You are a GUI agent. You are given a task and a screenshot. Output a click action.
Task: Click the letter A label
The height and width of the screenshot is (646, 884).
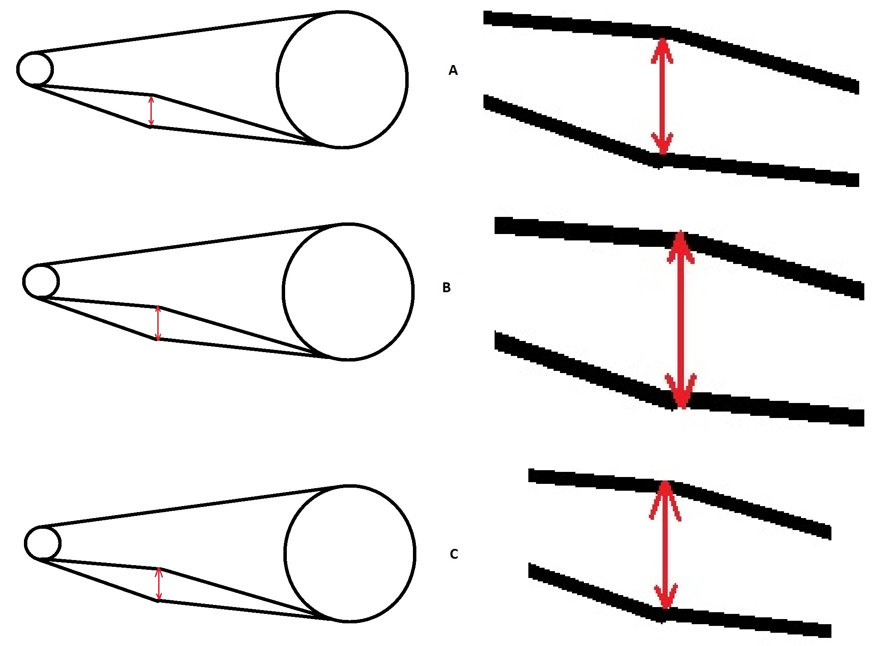pyautogui.click(x=453, y=70)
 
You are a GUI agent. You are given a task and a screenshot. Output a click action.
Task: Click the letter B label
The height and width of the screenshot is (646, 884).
pyautogui.click(x=446, y=287)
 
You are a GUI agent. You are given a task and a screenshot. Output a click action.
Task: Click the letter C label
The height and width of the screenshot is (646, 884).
pyautogui.click(x=454, y=554)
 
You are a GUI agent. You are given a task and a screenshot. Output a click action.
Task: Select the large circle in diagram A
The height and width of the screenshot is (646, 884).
pyautogui.click(x=277, y=79)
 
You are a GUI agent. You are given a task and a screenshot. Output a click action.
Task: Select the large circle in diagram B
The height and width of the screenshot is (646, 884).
pyautogui.click(x=283, y=291)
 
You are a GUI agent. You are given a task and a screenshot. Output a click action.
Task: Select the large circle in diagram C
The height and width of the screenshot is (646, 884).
pyautogui.click(x=285, y=553)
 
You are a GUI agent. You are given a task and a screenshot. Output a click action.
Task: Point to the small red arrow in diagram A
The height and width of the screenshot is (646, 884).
pyautogui.click(x=150, y=111)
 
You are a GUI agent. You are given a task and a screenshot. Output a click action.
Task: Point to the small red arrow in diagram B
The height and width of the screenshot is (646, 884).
pyautogui.click(x=158, y=323)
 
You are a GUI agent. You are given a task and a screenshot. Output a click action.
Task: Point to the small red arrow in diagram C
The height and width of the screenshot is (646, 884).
pyautogui.click(x=159, y=584)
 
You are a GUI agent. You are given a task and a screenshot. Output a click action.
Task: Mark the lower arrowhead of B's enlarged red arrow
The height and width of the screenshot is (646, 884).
pyautogui.click(x=681, y=391)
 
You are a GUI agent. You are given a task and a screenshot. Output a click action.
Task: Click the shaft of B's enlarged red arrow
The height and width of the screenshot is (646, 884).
pyautogui.click(x=681, y=320)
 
